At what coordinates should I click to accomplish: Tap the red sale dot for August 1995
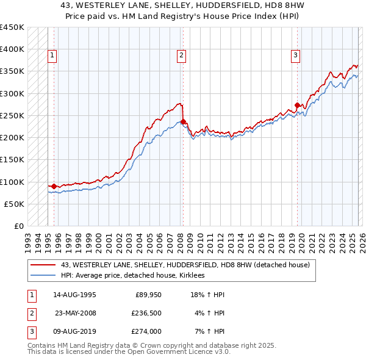pos(54,186)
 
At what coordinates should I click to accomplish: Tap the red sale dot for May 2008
pos(183,121)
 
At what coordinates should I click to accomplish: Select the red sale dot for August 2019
pos(297,105)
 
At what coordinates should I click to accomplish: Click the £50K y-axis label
pos(14,204)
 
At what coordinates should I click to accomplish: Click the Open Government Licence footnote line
pos(129,352)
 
